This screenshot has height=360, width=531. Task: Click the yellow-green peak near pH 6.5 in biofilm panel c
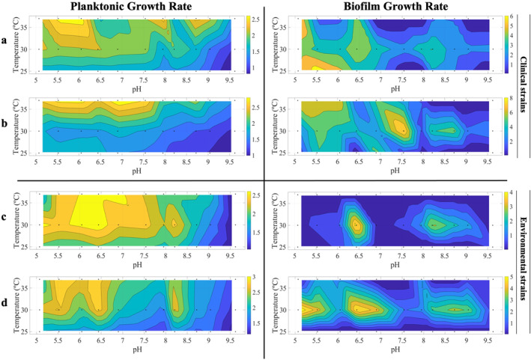(356, 224)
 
